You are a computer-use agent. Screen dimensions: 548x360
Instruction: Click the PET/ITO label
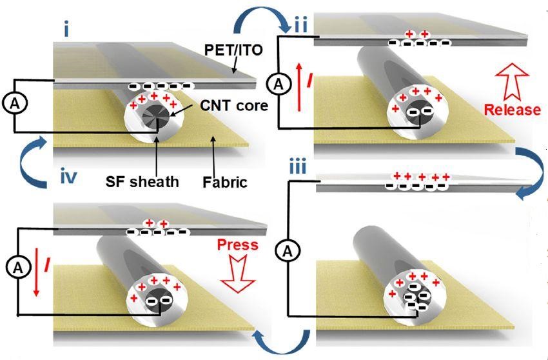pos(233,50)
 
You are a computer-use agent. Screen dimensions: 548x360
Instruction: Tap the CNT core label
pos(234,105)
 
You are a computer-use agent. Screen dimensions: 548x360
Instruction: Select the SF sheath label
pos(142,181)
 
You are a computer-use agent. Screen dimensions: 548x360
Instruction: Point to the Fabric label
pos(225,182)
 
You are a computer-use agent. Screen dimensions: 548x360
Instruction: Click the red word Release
pos(513,110)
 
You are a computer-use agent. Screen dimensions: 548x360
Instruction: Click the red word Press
pos(238,245)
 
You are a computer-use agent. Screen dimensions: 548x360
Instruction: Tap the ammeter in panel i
pos(14,105)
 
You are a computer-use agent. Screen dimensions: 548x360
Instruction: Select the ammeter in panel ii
pos(279,85)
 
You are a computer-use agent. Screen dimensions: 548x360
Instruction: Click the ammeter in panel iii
pos(288,251)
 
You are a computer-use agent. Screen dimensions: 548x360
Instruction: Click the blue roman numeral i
pos(66,31)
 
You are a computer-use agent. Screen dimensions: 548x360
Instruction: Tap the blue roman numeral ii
pos(300,26)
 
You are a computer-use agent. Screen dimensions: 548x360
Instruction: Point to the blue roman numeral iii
pos(298,167)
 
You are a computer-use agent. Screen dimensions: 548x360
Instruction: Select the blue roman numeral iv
pos(68,177)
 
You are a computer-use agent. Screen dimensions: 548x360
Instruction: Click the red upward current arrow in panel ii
pos(298,87)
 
